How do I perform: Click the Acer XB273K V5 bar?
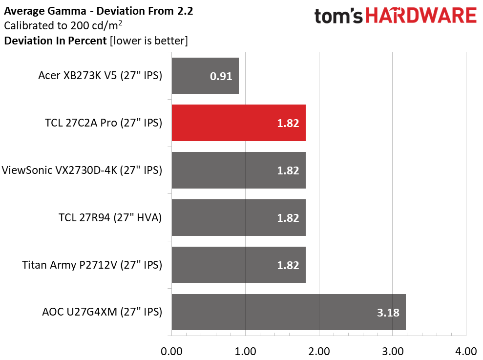205,76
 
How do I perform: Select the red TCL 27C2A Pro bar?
239,123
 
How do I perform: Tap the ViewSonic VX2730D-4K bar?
239,170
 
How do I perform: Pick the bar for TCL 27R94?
239,217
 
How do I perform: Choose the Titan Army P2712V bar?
239,265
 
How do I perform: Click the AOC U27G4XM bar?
289,312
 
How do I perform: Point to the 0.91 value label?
221,76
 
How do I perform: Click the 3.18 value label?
388,313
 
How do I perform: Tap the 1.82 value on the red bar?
288,123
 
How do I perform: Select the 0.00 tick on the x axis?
171,351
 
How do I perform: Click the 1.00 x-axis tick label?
246,351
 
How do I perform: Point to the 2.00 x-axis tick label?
319,351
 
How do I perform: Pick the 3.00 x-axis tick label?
393,351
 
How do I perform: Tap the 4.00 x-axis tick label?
466,351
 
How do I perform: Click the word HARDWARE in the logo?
421,16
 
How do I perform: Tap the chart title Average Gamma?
45,11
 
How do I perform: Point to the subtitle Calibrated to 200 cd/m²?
63,25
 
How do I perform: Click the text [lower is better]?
149,41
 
